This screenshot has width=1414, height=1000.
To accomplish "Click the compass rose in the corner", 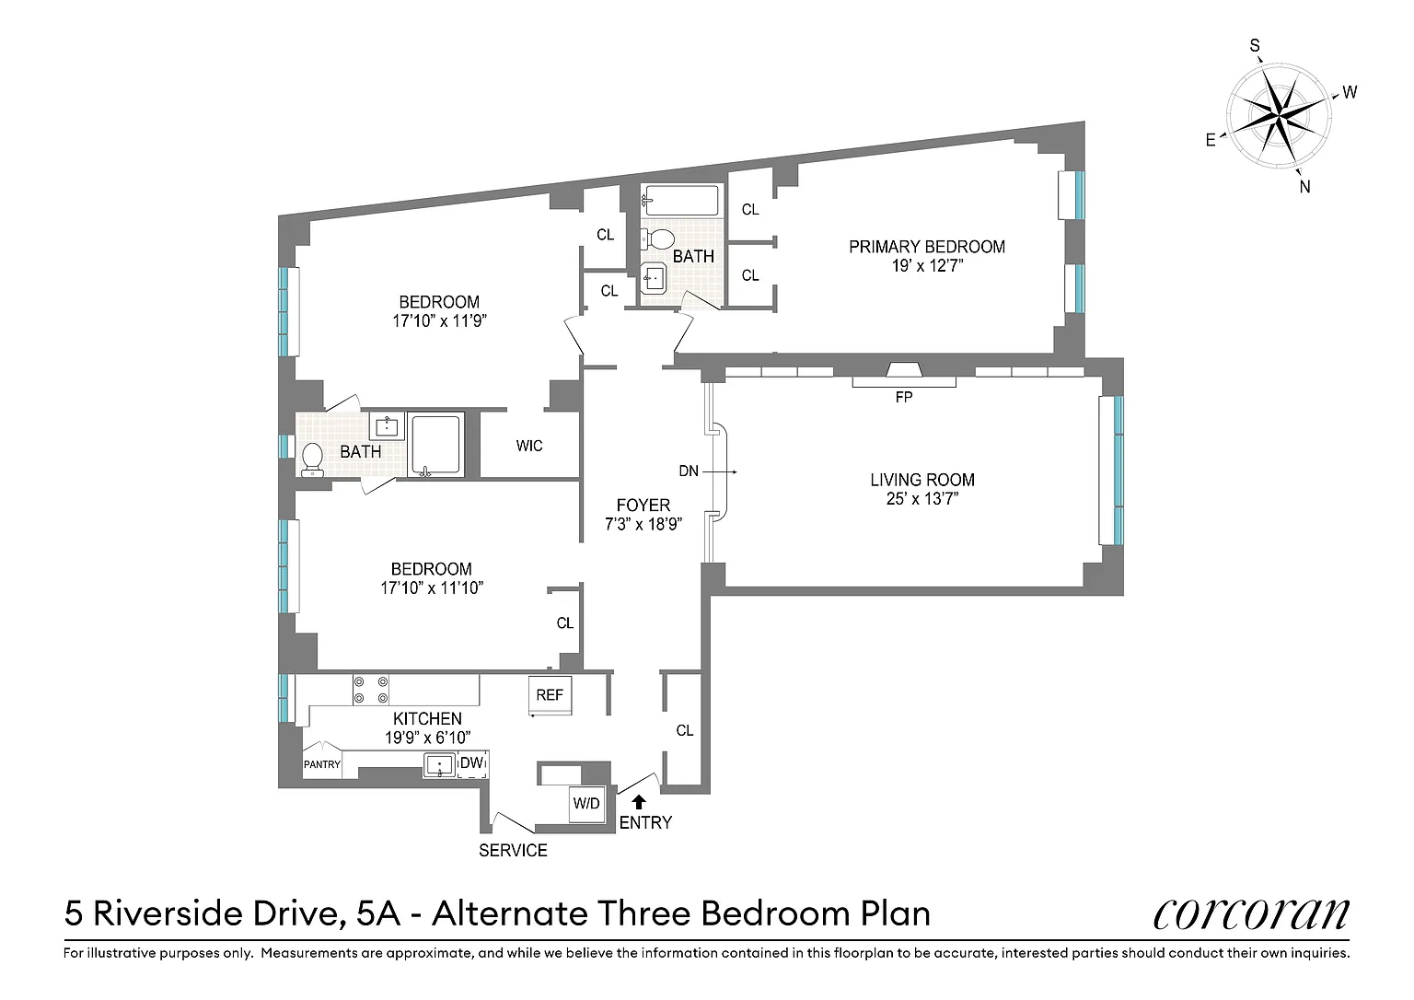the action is point(1280,118).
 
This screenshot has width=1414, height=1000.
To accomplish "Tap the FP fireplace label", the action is point(904,397).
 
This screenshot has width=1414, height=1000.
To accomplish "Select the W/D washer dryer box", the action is point(586,804).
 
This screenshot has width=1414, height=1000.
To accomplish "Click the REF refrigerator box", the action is point(550,695).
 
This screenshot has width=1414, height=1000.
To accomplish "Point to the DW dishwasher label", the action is point(471,762).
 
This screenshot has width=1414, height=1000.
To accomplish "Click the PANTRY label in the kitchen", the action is point(322,764).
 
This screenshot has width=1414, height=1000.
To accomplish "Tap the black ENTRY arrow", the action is point(639,802).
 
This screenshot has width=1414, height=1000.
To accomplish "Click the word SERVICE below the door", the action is point(513,851).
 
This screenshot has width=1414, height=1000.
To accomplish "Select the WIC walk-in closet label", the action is point(529,446).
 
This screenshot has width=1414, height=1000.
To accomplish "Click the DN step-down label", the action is point(689,471).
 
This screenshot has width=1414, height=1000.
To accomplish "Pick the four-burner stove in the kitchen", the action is point(371,690).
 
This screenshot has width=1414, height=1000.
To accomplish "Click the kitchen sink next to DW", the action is point(440,765).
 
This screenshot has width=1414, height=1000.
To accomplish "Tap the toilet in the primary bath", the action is point(658,238).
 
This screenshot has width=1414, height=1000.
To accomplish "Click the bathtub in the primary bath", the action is point(680,200).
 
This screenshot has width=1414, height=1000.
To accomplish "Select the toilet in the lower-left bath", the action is point(312,459).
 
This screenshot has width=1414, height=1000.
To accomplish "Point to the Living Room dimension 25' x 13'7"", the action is point(922,499).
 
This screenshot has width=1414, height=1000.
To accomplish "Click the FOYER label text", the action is point(643,505).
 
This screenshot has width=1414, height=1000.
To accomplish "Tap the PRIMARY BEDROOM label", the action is point(927,247).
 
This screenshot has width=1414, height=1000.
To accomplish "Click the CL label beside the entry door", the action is point(685,730).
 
